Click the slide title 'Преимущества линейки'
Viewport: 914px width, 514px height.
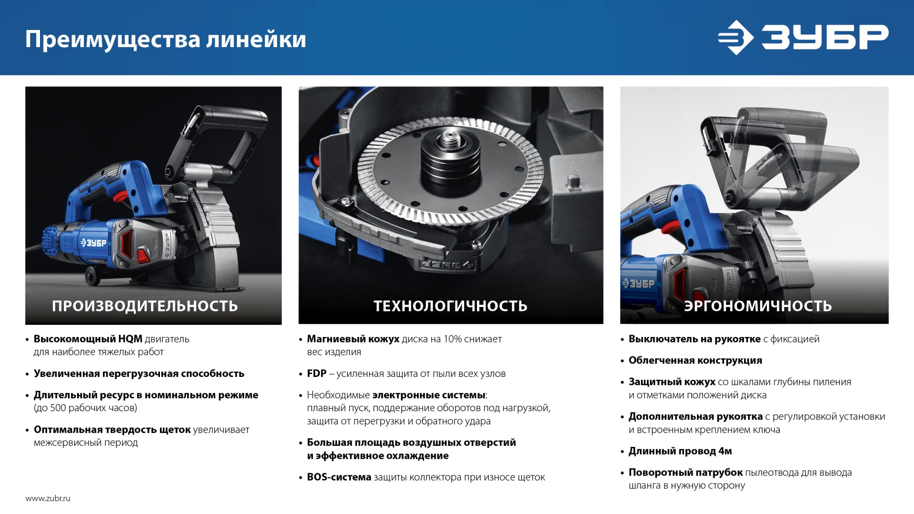(x=165, y=39)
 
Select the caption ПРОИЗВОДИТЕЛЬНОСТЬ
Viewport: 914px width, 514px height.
(x=145, y=306)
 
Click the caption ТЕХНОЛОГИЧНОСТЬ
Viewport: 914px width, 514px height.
(x=450, y=306)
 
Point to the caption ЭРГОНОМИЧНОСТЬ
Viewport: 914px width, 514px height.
(x=758, y=306)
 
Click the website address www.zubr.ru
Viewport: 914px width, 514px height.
(x=48, y=498)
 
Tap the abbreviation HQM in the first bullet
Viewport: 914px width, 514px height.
(x=130, y=339)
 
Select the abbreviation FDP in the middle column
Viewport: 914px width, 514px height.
(x=317, y=374)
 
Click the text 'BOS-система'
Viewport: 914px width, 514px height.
(x=339, y=477)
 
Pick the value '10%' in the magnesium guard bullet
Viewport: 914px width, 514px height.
(x=453, y=339)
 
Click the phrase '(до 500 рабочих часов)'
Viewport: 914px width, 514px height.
(x=85, y=408)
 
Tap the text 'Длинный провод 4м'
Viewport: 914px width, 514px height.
(x=680, y=451)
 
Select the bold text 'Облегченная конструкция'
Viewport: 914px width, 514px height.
(x=695, y=360)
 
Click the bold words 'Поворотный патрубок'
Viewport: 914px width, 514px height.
(x=685, y=472)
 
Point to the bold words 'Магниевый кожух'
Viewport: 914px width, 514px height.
(x=353, y=339)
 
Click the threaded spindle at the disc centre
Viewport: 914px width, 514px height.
(x=449, y=139)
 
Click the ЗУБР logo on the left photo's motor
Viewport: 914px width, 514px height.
(x=93, y=243)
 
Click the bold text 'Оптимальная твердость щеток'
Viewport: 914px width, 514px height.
(x=112, y=429)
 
